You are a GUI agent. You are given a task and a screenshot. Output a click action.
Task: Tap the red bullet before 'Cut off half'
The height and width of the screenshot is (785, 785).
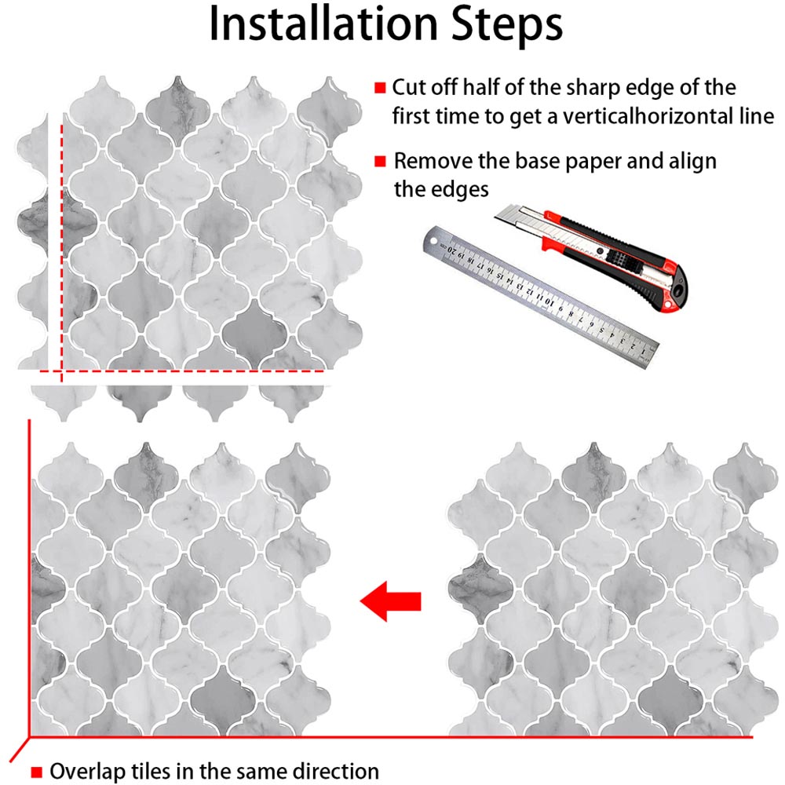pos(380,87)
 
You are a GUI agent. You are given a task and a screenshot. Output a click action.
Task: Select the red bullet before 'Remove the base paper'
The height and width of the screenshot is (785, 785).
pos(380,162)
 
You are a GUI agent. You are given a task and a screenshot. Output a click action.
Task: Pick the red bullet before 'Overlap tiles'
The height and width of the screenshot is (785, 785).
pos(36,771)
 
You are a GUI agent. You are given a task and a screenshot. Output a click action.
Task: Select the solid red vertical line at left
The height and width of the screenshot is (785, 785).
pos(29,581)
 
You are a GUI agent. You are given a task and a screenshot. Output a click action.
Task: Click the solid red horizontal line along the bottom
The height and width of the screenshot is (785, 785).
pos(392,738)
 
